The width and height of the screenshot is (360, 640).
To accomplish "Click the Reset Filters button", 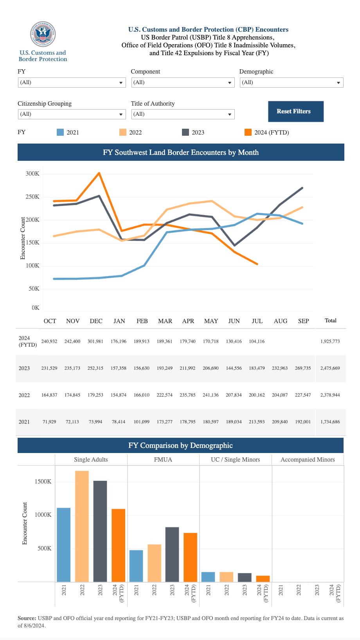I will [295, 111].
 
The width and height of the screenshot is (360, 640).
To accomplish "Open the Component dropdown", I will [183, 83].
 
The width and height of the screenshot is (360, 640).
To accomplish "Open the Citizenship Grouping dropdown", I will [72, 114].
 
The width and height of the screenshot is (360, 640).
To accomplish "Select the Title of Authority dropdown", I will [183, 114].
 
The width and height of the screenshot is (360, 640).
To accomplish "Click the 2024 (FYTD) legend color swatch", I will [248, 132].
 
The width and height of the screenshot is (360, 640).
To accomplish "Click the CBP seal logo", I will [43, 34].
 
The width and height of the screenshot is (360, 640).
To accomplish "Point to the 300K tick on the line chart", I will [32, 174].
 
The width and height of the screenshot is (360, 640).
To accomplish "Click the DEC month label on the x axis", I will [96, 321].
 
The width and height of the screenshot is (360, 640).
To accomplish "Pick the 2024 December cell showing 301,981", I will [95, 342].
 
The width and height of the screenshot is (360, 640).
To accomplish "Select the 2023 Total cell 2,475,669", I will [330, 369].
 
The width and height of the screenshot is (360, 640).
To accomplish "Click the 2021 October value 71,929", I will [49, 422].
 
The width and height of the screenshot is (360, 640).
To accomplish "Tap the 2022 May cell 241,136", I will [211, 395].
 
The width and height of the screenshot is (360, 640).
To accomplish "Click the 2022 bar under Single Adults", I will [82, 526].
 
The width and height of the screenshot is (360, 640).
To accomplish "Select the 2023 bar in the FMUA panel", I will [172, 554].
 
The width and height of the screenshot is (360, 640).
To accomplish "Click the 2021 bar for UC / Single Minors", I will [208, 577].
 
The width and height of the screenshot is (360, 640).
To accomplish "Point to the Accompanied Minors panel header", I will [308, 460].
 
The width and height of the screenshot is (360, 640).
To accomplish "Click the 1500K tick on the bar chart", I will [43, 482].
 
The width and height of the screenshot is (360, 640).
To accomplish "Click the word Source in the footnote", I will [27, 618].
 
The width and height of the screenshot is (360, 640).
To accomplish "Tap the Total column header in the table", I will [330, 320].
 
